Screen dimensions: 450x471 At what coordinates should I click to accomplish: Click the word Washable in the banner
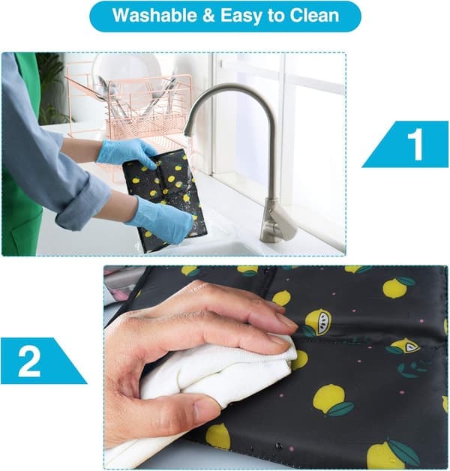pos(154,15)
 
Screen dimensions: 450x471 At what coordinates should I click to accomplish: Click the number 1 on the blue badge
pos(415,144)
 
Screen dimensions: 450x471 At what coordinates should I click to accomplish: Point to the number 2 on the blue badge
pos(29,361)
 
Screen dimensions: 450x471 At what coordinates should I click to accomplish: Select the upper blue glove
pos(126,153)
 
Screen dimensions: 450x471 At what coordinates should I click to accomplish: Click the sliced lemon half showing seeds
pos(319,322)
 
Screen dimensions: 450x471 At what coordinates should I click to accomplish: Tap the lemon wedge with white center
pos(406,346)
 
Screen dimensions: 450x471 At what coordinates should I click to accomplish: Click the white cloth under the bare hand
pos(210,379)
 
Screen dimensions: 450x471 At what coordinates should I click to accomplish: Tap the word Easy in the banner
pos(241,16)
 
